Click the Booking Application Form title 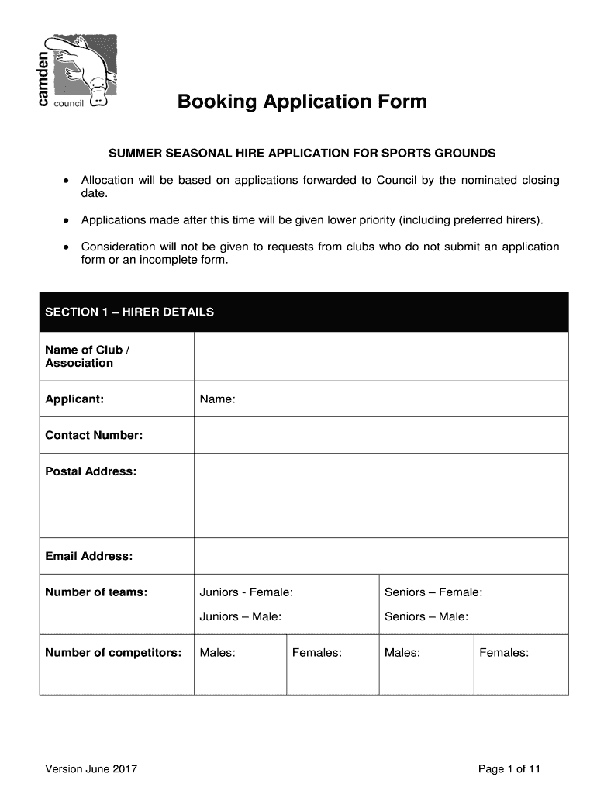click(302, 102)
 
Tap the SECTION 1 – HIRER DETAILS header click(129, 312)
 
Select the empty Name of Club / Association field click(381, 356)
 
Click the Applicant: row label click(74, 399)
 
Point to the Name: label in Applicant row click(217, 399)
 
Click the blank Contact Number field click(381, 435)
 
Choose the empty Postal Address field click(381, 495)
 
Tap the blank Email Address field click(381, 556)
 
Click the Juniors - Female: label click(247, 592)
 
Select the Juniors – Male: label click(240, 616)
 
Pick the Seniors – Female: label click(433, 592)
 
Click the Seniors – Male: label click(426, 616)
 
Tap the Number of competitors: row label click(113, 652)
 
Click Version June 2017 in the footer click(91, 769)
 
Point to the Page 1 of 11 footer click(509, 769)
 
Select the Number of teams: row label click(96, 592)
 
